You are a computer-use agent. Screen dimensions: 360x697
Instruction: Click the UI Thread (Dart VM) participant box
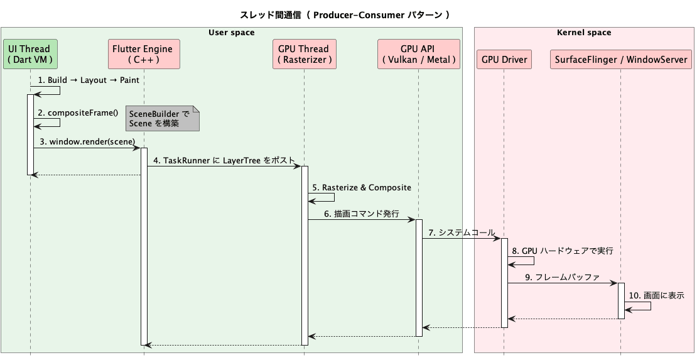point(30,54)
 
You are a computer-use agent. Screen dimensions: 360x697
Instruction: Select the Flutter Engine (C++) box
point(143,54)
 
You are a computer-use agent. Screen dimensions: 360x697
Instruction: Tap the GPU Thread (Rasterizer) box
point(305,54)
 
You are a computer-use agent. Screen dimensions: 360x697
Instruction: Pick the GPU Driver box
point(504,60)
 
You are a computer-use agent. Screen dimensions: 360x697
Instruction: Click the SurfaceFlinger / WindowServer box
point(620,60)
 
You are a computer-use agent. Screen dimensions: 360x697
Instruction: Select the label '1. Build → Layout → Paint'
point(89,80)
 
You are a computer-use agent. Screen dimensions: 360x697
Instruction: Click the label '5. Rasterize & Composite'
point(362,188)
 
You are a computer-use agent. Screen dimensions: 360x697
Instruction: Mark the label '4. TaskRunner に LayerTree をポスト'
point(224,160)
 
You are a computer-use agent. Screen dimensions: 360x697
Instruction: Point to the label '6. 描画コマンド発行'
point(362,214)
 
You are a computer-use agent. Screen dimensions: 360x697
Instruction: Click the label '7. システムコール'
point(462,232)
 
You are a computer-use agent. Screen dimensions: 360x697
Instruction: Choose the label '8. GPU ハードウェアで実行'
point(563,251)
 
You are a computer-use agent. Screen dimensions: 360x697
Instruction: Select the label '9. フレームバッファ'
point(563,276)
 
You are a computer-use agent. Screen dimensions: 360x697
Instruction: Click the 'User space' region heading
point(231,33)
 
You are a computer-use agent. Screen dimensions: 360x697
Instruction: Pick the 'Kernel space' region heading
point(584,33)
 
